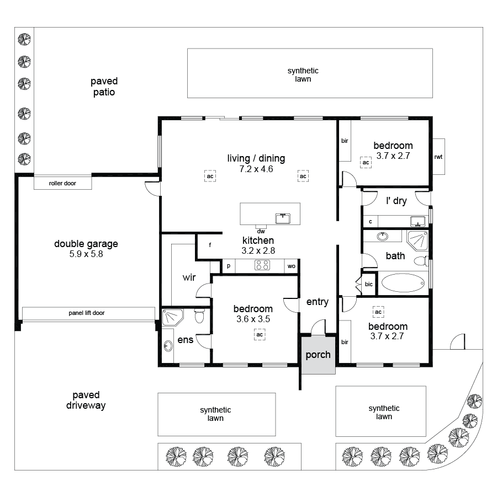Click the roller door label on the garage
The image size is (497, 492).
(62, 183)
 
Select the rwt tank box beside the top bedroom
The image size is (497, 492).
(438, 157)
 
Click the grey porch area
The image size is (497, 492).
(318, 355)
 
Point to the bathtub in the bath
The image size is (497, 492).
(403, 283)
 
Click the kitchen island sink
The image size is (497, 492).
(283, 217)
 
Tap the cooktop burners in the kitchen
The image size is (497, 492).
(261, 266)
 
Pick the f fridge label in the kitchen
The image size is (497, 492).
(210, 244)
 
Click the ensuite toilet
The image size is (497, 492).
(199, 317)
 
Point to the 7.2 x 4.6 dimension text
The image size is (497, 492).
(256, 169)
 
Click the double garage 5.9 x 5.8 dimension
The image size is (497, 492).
(86, 255)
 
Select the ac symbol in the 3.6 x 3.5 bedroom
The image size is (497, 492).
(258, 334)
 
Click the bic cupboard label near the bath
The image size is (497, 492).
(369, 284)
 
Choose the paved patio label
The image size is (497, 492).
(104, 87)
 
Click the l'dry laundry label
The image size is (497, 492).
(396, 201)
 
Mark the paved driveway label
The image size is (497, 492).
(86, 400)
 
